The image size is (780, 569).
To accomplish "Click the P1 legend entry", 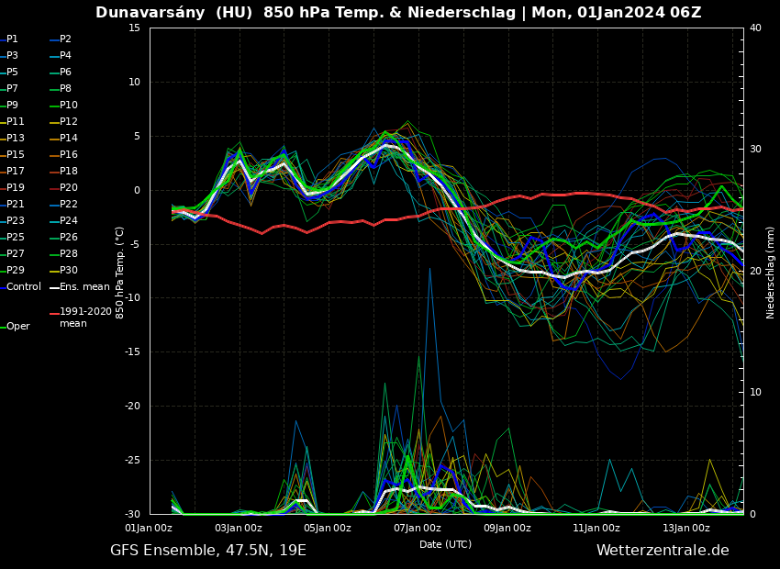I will (x=12, y=39).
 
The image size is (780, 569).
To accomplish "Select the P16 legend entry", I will (x=68, y=155).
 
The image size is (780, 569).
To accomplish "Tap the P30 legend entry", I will (x=68, y=271).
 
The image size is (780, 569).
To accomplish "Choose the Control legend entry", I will (x=23, y=287).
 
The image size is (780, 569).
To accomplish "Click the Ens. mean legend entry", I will (x=84, y=287).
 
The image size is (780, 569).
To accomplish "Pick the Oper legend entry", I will (x=17, y=327).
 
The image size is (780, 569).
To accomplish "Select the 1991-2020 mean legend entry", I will (x=84, y=318).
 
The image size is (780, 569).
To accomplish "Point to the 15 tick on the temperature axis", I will (x=134, y=28).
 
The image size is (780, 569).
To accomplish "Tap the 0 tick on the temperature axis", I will (x=137, y=190).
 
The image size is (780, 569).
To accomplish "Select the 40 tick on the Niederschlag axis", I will (x=755, y=28).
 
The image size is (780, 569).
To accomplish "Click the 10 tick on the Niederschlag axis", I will (x=755, y=393).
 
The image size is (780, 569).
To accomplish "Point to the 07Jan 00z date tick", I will (x=418, y=528).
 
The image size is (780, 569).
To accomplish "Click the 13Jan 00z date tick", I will (x=686, y=528).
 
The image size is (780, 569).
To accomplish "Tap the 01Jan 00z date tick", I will (x=149, y=528).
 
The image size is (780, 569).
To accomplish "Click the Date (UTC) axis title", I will (x=445, y=544).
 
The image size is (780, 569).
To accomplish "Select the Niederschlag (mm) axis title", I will (x=771, y=272).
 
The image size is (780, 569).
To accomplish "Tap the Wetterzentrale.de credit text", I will (x=663, y=551).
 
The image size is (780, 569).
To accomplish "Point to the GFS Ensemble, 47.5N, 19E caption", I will (x=208, y=551).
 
